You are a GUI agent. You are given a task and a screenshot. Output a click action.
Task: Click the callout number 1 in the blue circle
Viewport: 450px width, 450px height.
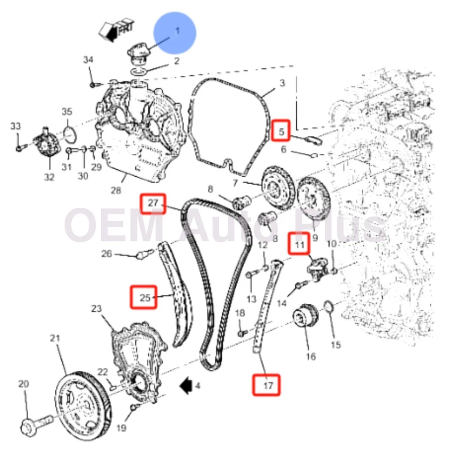177,31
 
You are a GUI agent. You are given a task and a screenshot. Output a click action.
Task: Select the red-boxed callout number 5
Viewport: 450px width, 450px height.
281,132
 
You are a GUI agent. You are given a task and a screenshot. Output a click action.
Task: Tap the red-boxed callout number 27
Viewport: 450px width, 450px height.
153,204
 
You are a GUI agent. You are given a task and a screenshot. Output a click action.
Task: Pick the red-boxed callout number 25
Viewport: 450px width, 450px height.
144,297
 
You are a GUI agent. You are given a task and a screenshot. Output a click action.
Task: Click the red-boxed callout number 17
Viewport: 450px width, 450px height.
267,385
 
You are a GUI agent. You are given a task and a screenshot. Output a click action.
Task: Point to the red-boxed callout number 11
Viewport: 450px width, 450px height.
299,244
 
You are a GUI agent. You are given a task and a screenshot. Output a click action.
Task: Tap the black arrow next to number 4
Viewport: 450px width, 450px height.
187,385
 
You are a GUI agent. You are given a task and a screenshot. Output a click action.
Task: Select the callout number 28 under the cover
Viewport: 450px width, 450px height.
115,190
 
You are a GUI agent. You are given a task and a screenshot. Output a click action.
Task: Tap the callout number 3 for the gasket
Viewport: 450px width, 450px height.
282,83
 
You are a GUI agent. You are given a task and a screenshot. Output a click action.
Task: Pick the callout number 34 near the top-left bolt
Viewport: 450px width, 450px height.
88,60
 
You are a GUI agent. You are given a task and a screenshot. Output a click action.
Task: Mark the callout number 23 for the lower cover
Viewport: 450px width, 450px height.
96,308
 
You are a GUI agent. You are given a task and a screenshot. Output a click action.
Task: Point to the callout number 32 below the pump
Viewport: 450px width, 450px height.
49,177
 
